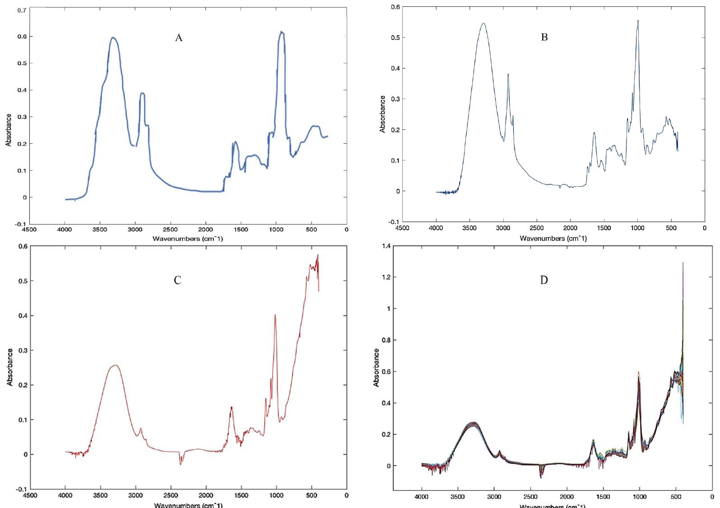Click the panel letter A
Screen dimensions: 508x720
pyautogui.click(x=179, y=38)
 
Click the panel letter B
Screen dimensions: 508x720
pyautogui.click(x=544, y=38)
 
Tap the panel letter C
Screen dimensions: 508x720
pyautogui.click(x=177, y=281)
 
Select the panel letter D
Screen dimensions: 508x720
pyautogui.click(x=544, y=281)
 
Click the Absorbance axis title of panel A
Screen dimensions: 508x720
pyautogui.click(x=9, y=130)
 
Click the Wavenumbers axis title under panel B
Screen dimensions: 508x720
pyautogui.click(x=553, y=238)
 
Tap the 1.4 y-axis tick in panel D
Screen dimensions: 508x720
pyautogui.click(x=385, y=246)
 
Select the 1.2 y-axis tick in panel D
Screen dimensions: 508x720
pyautogui.click(x=385, y=277)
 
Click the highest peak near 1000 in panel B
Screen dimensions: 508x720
pyautogui.click(x=638, y=20)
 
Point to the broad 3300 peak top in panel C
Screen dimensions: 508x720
pyautogui.click(x=116, y=365)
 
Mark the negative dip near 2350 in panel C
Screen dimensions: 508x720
pyautogui.click(x=181, y=464)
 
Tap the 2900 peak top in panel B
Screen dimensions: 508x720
pyautogui.click(x=508, y=74)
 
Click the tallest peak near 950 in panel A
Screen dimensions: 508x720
pyautogui.click(x=281, y=32)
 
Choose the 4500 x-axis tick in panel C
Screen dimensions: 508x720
pyautogui.click(x=30, y=495)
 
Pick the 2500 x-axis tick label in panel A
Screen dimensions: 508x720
pyautogui.click(x=170, y=230)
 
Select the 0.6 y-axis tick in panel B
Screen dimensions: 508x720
pyautogui.click(x=395, y=7)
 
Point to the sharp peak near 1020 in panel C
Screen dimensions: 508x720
pyautogui.click(x=274, y=315)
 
